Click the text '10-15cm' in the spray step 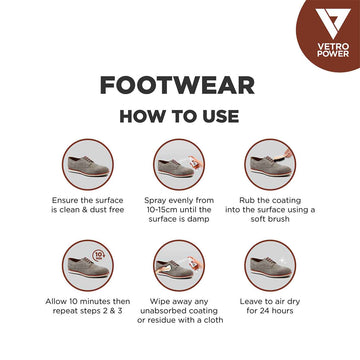(x=157, y=209)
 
